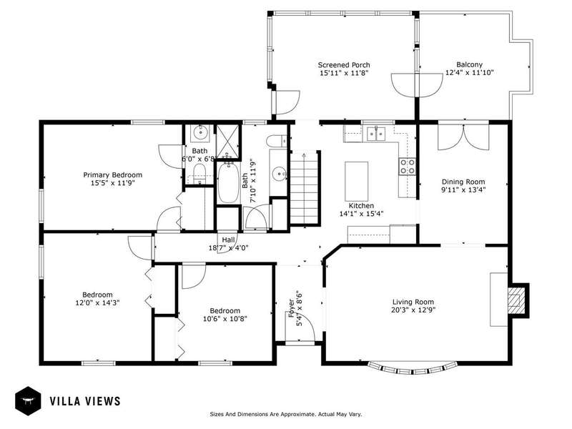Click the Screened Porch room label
[344, 65]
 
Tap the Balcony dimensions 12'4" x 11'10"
[469, 72]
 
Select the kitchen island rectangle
[356, 176]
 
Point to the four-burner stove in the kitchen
[407, 167]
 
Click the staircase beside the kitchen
[305, 188]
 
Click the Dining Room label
[463, 182]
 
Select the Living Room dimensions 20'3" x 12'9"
[413, 310]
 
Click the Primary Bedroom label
[113, 174]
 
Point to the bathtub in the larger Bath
[228, 182]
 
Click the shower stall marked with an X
[228, 142]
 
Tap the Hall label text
[228, 240]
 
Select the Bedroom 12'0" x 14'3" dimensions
[97, 302]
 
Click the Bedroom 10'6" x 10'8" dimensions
[225, 319]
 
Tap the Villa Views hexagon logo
[28, 401]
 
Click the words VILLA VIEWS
[85, 401]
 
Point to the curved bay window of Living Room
[413, 370]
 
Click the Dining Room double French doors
[463, 137]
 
